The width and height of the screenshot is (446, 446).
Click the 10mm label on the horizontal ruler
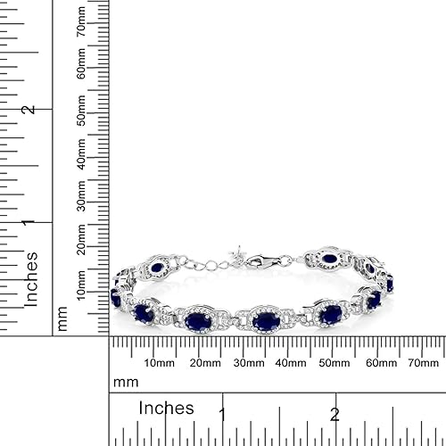pyautogui.click(x=159, y=363)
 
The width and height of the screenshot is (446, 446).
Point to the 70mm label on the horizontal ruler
pyautogui.click(x=421, y=363)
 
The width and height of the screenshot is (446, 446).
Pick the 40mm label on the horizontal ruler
pyautogui.click(x=291, y=363)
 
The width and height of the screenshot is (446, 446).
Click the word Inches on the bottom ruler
pyautogui.click(x=166, y=408)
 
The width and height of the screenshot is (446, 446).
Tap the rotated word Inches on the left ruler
pyautogui.click(x=32, y=279)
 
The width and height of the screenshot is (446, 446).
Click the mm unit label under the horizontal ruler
pyautogui.click(x=126, y=382)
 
